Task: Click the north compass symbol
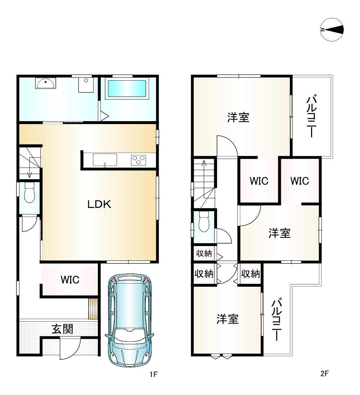pos(332,29)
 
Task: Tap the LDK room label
pos(99,204)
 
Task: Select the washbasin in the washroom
pos(45,83)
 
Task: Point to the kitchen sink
pos(105,160)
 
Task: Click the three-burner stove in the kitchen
pos(139,160)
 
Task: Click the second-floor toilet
pos(204,221)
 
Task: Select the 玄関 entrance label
pos(62,329)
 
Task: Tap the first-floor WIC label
pos(70,280)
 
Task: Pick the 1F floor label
pos(153,374)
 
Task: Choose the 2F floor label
pos(325,373)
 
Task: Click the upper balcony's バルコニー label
pos(312,116)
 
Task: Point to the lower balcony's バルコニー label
pos(276,319)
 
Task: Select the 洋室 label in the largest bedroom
pos(238,118)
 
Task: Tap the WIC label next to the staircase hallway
pos(259,181)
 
